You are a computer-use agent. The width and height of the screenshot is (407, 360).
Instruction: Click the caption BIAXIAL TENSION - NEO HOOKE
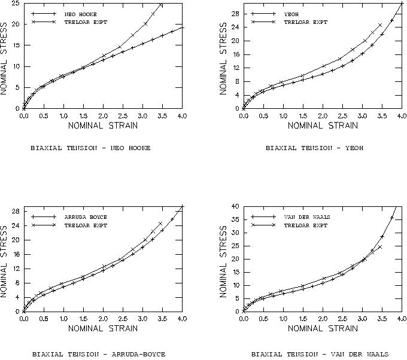(90, 147)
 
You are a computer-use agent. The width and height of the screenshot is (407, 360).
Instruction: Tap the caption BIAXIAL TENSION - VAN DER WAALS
(320, 352)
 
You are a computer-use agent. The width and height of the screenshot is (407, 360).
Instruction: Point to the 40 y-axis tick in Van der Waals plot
(235, 206)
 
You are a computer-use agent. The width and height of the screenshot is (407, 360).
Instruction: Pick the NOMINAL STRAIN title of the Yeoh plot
(323, 126)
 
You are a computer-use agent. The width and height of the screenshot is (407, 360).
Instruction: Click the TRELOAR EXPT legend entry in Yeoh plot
(305, 22)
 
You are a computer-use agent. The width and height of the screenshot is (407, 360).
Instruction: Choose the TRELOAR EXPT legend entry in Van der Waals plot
(305, 225)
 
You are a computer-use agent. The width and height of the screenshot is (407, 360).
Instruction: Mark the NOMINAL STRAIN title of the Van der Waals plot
(323, 329)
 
